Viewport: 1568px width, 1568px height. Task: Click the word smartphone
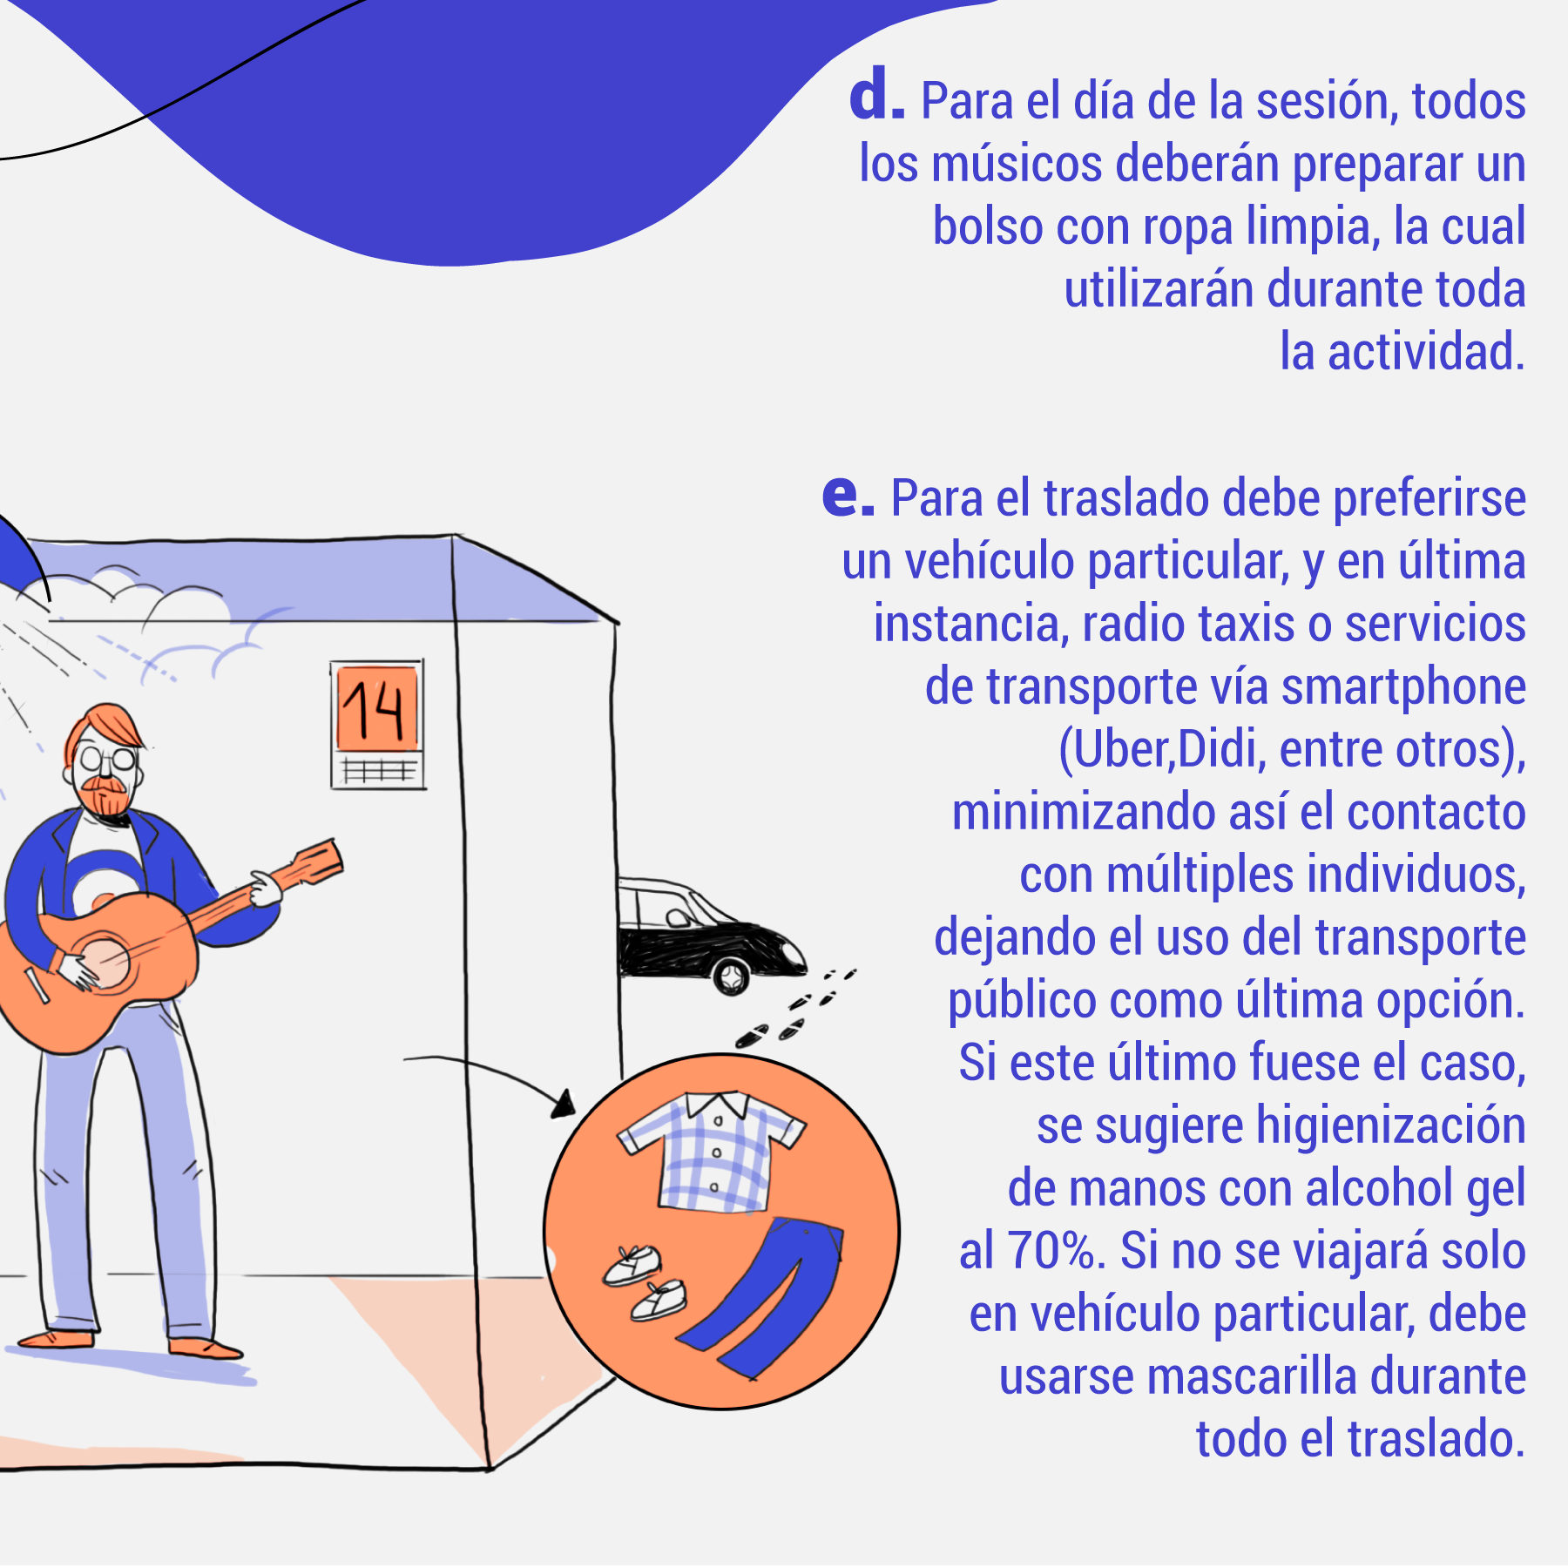click(x=1403, y=687)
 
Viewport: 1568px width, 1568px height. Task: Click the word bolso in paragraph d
click(x=988, y=226)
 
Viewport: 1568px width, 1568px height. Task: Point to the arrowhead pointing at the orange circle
click(x=564, y=1105)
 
